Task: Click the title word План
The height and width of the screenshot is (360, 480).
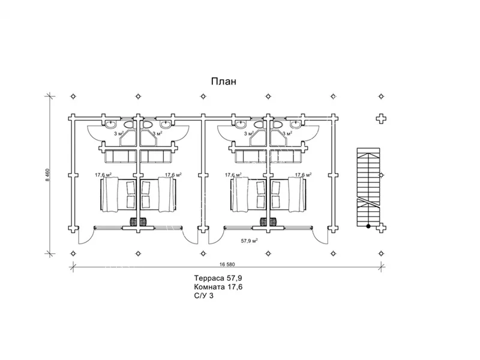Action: point(223,82)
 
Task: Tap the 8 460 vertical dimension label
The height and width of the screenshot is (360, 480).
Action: point(48,175)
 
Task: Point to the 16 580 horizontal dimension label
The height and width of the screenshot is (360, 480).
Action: point(227,264)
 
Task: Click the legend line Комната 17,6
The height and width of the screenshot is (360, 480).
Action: point(218,287)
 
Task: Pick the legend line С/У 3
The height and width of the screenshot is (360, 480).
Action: point(204,296)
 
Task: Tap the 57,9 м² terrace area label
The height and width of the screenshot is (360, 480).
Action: point(249,241)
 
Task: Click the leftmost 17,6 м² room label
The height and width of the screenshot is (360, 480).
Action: point(103,175)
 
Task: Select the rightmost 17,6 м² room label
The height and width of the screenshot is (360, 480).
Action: point(303,175)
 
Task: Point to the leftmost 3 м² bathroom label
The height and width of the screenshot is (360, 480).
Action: point(119,133)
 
